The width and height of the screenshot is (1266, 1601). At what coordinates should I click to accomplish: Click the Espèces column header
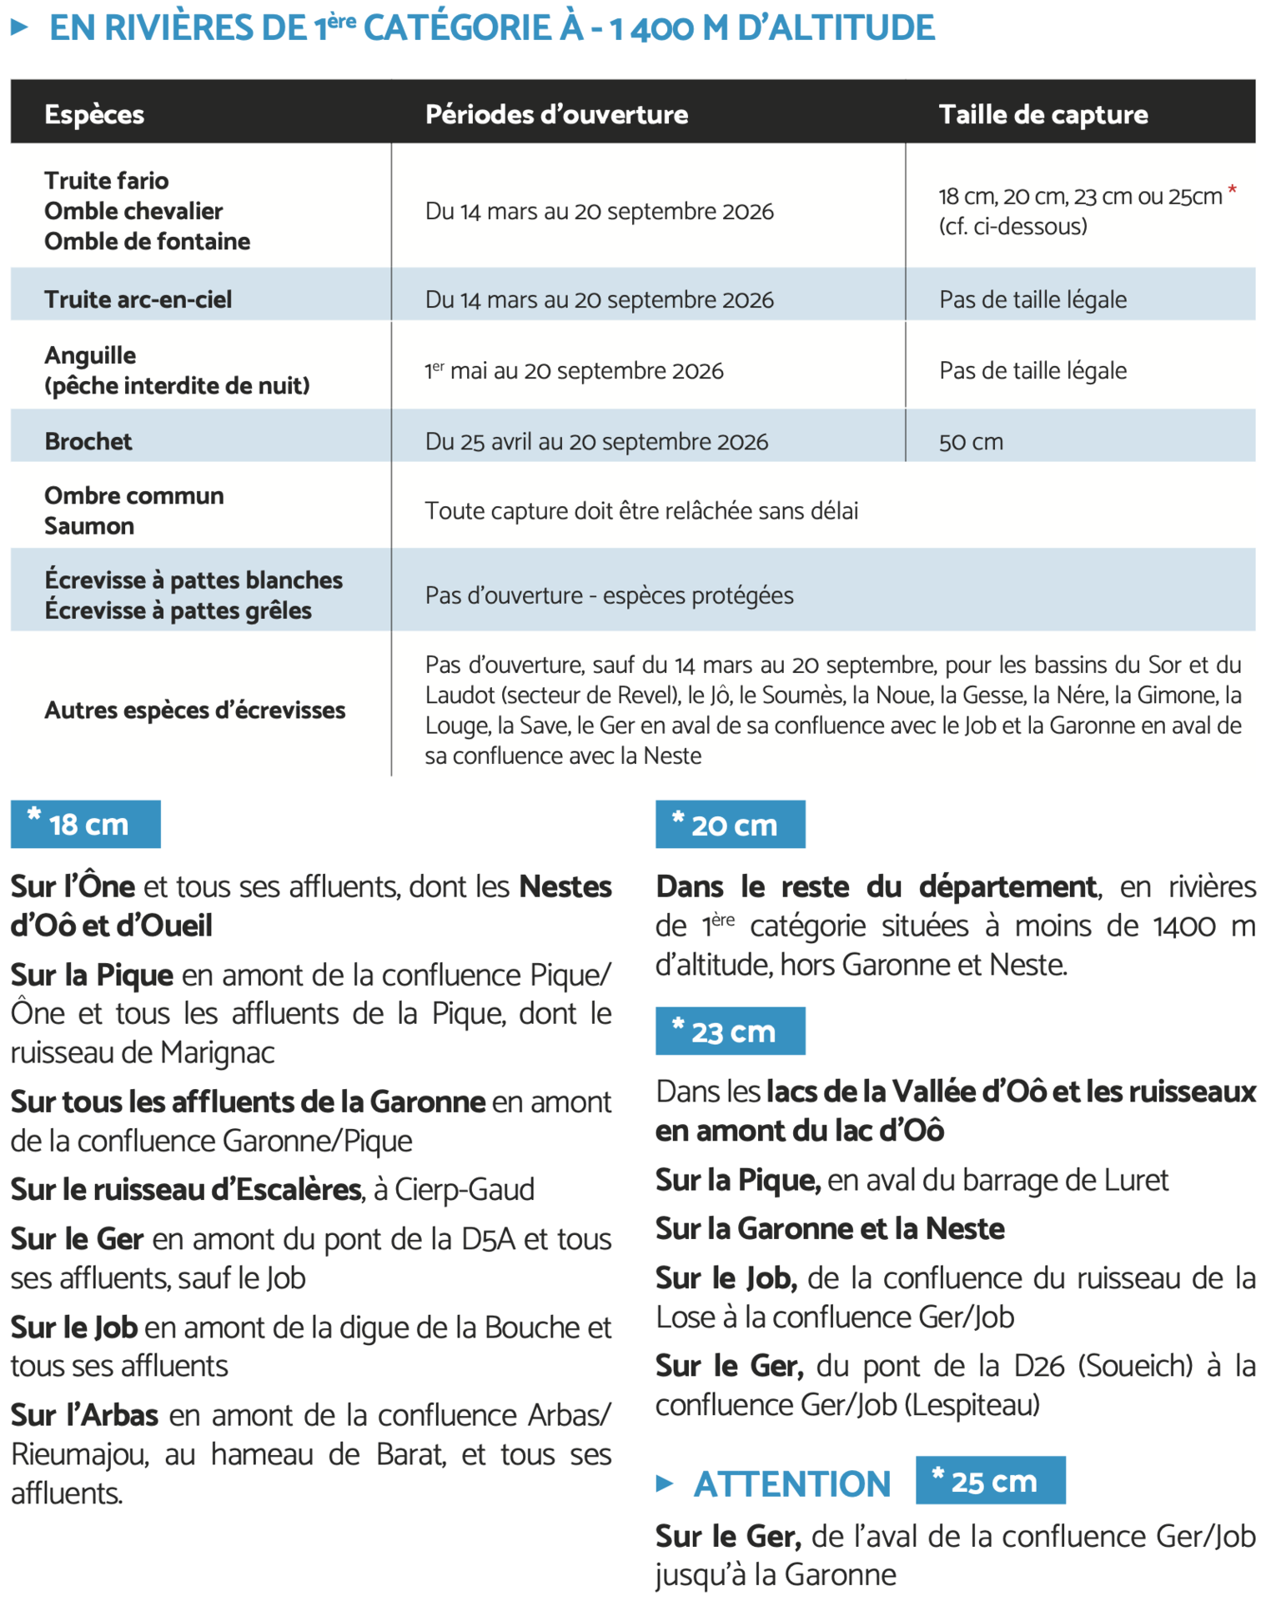click(94, 114)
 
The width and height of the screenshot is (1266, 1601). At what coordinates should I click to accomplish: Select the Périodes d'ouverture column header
click(556, 114)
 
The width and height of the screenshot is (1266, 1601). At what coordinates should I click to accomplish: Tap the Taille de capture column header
click(1042, 114)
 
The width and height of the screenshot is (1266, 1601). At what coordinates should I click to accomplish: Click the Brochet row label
click(88, 441)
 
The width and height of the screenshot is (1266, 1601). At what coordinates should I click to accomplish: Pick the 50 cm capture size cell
click(971, 442)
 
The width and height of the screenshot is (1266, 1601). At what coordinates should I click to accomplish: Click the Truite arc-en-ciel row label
click(138, 299)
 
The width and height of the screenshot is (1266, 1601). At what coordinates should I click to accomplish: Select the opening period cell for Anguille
click(574, 371)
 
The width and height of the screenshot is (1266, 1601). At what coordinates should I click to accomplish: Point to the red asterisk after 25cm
click(1232, 192)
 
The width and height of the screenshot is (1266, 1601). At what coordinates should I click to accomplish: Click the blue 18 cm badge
click(86, 824)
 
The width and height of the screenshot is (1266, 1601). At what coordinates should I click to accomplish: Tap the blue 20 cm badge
click(731, 824)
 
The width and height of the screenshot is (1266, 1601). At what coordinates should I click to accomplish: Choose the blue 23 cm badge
click(731, 1031)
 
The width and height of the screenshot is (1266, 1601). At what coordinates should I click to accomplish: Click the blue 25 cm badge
click(991, 1480)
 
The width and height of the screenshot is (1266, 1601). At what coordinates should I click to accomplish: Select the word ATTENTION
click(792, 1483)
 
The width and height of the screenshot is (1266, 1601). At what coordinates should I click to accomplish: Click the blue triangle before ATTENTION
click(665, 1483)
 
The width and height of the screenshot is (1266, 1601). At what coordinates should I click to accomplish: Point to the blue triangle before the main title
click(20, 28)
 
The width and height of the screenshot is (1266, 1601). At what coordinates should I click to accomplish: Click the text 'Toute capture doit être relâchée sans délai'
click(641, 510)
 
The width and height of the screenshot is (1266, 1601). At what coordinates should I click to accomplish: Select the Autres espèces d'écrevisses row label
click(194, 710)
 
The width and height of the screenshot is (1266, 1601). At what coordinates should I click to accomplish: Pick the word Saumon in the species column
click(89, 526)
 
